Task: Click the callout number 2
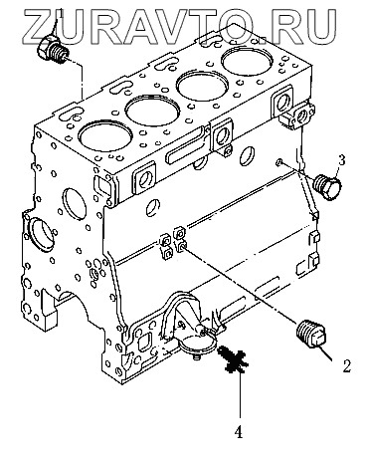[x=346, y=365]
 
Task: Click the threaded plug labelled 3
[x=327, y=187]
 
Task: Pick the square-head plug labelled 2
[x=312, y=336]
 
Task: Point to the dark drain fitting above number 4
[x=234, y=360]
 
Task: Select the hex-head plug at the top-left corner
[x=53, y=49]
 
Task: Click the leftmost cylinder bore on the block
[x=104, y=135]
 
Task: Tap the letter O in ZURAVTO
[x=242, y=27]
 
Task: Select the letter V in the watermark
[x=167, y=27]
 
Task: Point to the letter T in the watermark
[x=205, y=27]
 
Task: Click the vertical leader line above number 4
[x=240, y=394]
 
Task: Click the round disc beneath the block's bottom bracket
[x=198, y=346]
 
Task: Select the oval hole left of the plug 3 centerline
[x=247, y=154]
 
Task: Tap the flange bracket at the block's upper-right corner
[x=300, y=116]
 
